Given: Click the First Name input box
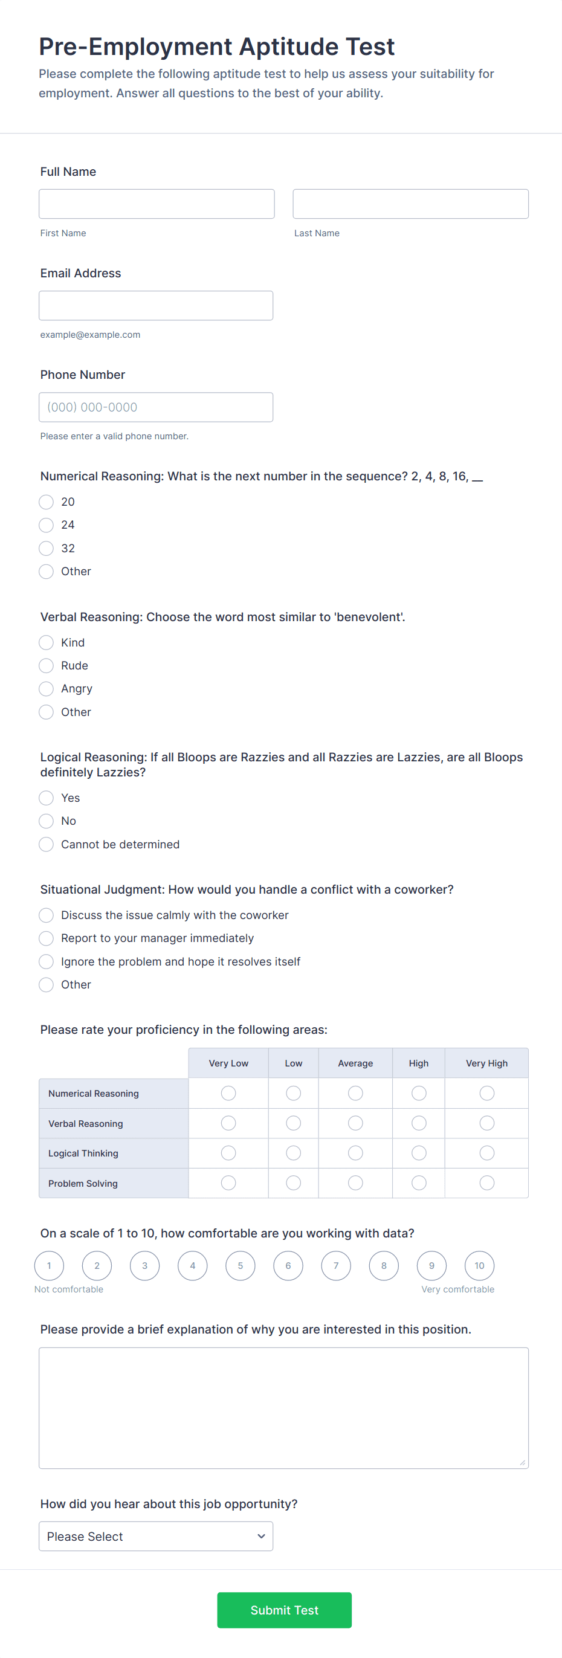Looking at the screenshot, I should pos(157,204).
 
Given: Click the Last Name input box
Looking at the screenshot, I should pos(410,204).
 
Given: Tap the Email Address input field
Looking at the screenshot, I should pos(156,306).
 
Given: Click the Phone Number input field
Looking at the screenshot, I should pos(156,407).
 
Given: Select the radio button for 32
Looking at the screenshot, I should pos(47,549).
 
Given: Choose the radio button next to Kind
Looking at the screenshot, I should pos(47,642).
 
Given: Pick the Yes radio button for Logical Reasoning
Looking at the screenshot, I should pos(47,798).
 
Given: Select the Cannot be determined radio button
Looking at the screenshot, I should pos(47,845).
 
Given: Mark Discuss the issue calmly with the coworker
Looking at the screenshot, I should pos(47,915).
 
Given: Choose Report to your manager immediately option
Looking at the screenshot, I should pos(47,938).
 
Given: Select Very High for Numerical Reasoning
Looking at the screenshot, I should pos(486,1094).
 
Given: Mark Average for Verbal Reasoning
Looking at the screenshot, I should pos(355,1123).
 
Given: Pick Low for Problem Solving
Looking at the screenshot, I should pos(294,1183).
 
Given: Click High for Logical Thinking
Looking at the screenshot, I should pos(418,1153).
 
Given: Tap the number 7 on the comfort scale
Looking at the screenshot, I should pos(336,1266).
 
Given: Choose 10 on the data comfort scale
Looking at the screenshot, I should pos(480,1266).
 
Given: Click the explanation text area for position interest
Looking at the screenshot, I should pos(283,1408).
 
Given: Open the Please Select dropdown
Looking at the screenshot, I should pos(156,1537).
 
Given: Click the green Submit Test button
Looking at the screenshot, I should pos(284,1610).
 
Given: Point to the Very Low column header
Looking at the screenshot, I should pos(228,1063).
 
